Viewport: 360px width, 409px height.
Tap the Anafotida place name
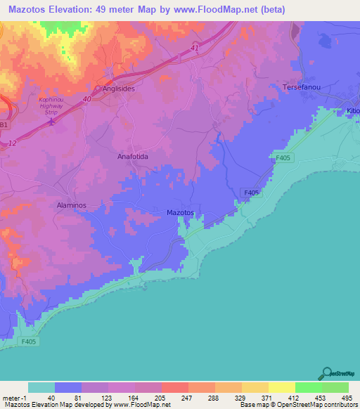132,157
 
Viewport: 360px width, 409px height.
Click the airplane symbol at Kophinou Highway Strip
52,121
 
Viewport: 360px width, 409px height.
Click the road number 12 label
13,143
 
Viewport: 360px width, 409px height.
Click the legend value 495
346,397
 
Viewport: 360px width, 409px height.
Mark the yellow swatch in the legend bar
281,387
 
